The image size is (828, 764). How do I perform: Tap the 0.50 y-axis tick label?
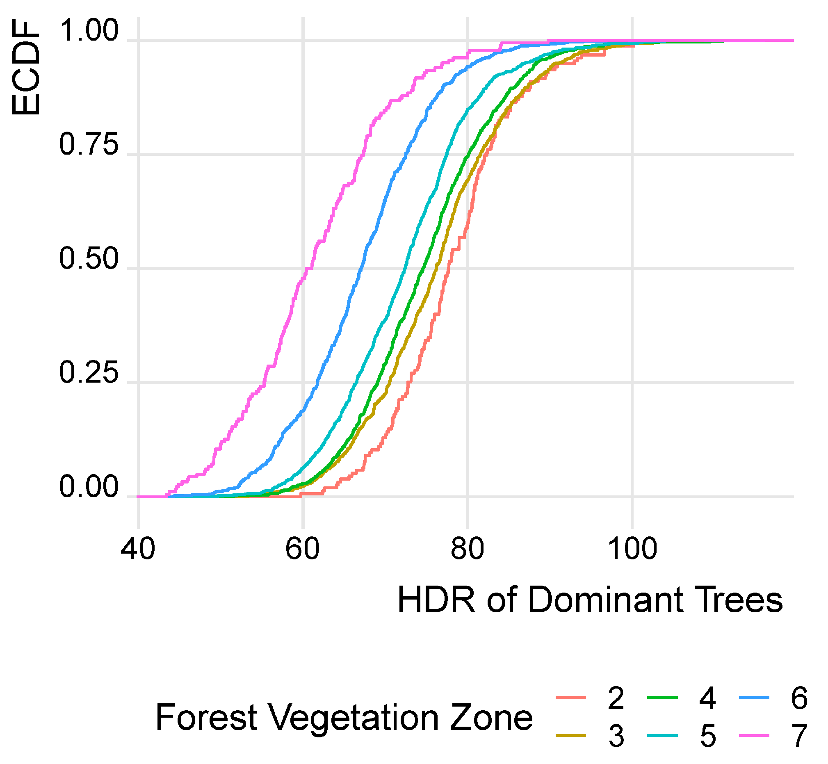click(x=89, y=259)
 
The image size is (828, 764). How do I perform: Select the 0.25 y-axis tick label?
click(x=89, y=373)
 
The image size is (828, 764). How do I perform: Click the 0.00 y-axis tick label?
click(x=89, y=488)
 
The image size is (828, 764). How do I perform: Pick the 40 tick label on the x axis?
click(x=138, y=550)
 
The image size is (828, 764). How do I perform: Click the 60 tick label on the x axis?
click(x=303, y=550)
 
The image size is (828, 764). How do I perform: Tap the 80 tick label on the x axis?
click(x=468, y=550)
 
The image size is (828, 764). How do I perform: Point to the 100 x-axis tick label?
click(x=632, y=550)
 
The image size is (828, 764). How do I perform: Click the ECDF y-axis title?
click(x=25, y=68)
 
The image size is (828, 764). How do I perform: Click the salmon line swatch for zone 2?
click(x=571, y=698)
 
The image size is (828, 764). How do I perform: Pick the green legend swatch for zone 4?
click(x=663, y=698)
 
